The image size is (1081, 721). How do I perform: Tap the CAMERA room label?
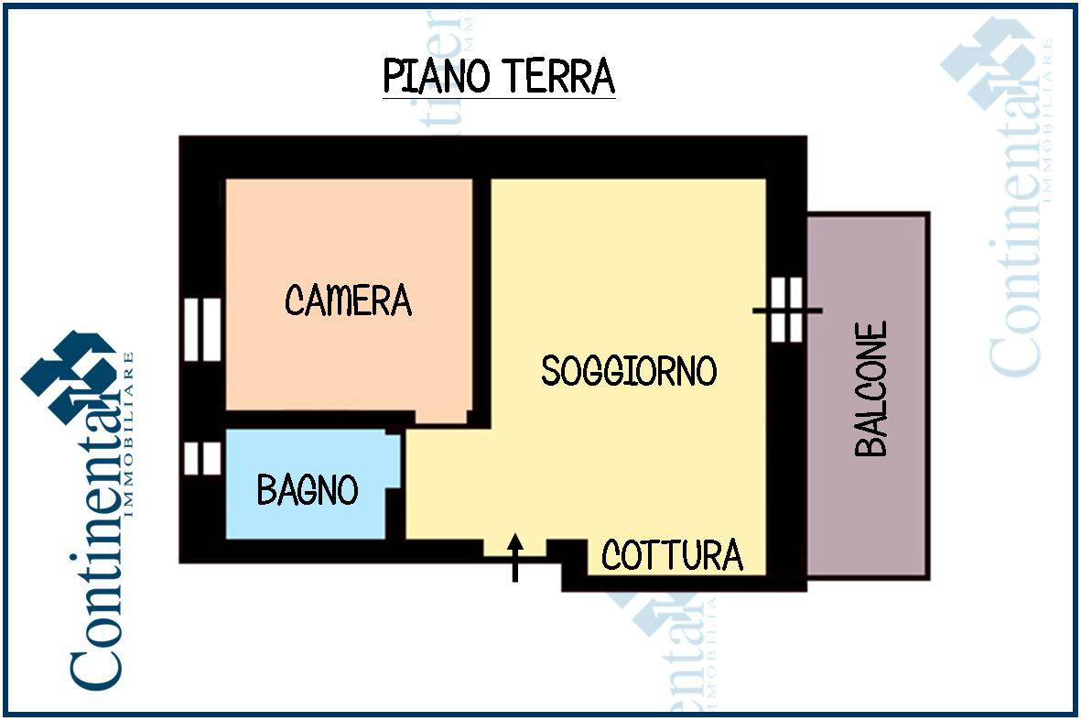coord(348,300)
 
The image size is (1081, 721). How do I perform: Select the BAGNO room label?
coord(308,490)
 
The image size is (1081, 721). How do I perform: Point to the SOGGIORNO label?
coord(629,370)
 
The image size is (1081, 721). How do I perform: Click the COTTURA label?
coord(672,555)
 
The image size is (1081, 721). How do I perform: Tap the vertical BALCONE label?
coord(870,389)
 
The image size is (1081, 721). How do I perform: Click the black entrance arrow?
coord(515,558)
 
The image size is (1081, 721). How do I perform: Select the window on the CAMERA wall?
coord(202,330)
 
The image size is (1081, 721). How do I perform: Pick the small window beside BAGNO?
coord(202,459)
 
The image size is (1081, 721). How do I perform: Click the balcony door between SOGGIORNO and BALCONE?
coord(786,310)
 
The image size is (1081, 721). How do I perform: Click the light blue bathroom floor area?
coord(307,485)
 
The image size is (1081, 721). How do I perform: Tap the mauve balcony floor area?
coord(868,396)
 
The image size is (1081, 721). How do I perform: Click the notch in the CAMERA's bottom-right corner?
coord(441,417)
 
